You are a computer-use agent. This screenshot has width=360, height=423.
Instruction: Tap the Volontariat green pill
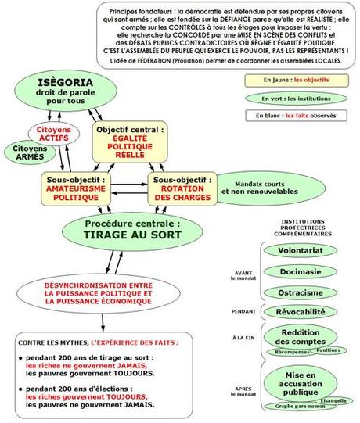point(301,252)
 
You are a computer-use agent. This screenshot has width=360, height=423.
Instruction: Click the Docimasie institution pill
point(301,271)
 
